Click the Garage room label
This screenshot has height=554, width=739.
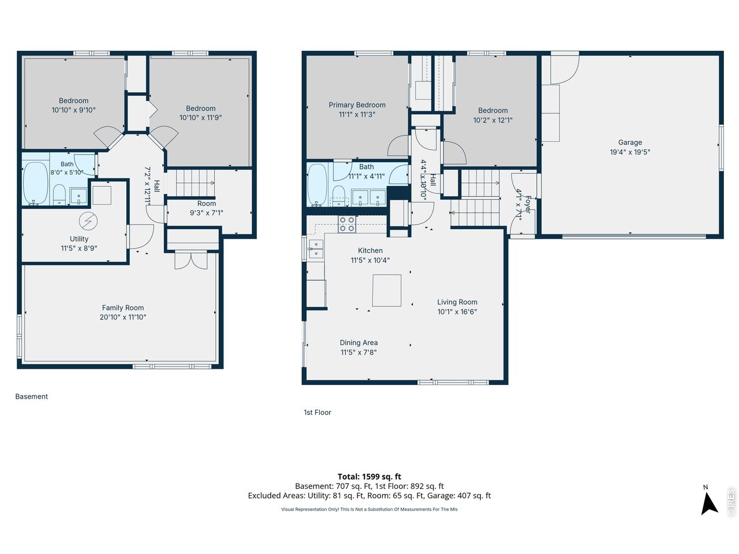[629, 143]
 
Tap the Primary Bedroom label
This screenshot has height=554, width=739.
[357, 105]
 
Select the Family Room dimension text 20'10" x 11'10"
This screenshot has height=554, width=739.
[123, 317]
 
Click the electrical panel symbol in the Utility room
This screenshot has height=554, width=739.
[88, 221]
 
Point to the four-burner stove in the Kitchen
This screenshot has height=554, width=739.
[347, 224]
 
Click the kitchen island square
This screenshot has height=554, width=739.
[386, 290]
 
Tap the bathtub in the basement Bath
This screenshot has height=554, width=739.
[35, 184]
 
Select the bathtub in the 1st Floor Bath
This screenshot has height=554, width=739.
[317, 185]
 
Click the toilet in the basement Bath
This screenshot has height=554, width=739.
[59, 194]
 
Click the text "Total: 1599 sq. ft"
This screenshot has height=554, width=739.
[369, 476]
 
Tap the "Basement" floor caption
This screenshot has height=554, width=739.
[32, 396]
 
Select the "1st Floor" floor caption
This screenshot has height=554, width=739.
[318, 413]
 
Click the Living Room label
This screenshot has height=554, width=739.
[457, 302]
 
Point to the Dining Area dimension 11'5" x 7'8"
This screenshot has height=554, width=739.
[359, 352]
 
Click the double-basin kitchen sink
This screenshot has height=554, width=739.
[316, 249]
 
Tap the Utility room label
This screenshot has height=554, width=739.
[79, 239]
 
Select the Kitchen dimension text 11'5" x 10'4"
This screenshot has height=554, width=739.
[370, 260]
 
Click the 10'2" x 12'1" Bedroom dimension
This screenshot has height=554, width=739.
[493, 120]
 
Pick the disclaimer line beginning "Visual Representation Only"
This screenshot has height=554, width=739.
[369, 509]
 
